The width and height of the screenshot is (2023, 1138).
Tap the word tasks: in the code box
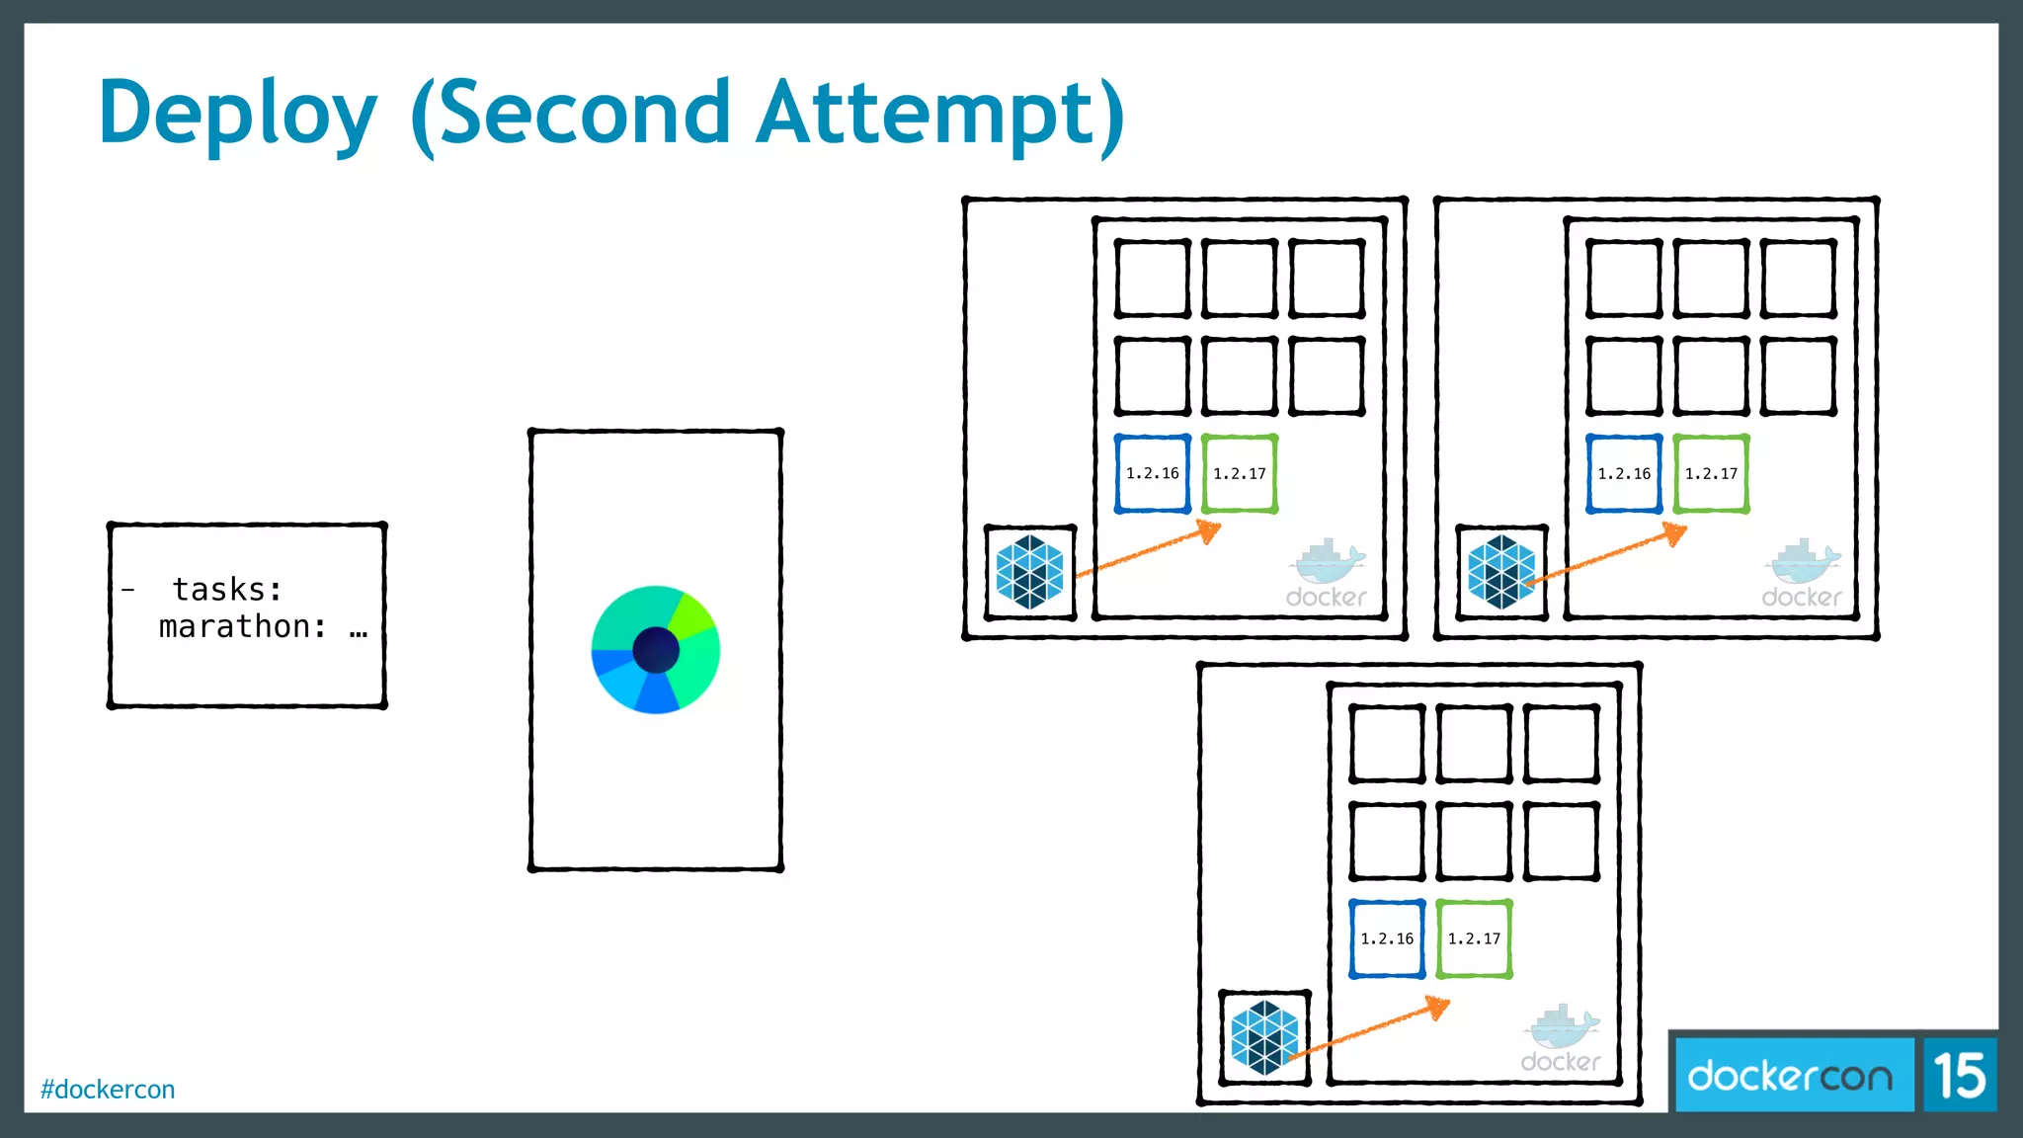(x=227, y=590)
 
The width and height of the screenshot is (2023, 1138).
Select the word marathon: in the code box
(x=243, y=627)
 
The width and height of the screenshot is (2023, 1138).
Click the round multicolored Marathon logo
(x=655, y=649)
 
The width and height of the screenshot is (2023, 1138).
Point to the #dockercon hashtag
(x=108, y=1090)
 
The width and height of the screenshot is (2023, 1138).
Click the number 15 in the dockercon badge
(x=1959, y=1076)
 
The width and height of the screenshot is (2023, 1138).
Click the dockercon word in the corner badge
(x=1790, y=1076)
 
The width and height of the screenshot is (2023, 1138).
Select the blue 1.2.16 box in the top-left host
(x=1152, y=474)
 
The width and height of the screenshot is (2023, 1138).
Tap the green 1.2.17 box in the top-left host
(x=1240, y=474)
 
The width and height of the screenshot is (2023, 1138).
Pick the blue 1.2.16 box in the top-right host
(x=1624, y=474)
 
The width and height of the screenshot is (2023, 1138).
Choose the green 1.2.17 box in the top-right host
(x=1711, y=474)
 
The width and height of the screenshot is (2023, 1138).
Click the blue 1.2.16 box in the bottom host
(x=1387, y=938)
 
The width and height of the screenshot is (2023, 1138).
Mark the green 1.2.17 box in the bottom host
(x=1474, y=938)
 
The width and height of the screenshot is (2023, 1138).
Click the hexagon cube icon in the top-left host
(x=1029, y=572)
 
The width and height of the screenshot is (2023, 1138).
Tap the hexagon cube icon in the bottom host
(x=1264, y=1037)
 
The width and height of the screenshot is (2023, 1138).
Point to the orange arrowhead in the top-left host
(x=1210, y=532)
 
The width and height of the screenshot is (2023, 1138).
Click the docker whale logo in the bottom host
(x=1561, y=1038)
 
